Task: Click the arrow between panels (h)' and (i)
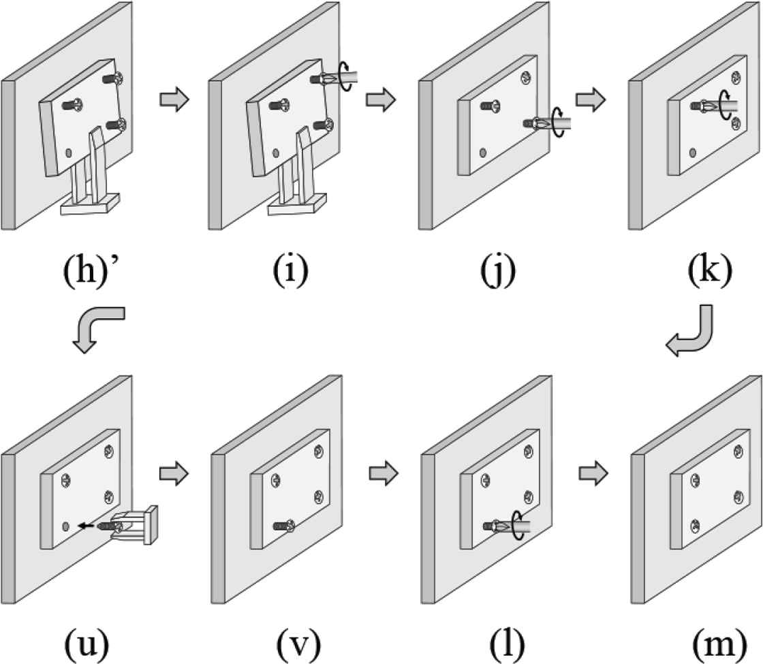pos(173,99)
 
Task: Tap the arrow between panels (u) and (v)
pos(173,471)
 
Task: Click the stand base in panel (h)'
pos(90,204)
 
